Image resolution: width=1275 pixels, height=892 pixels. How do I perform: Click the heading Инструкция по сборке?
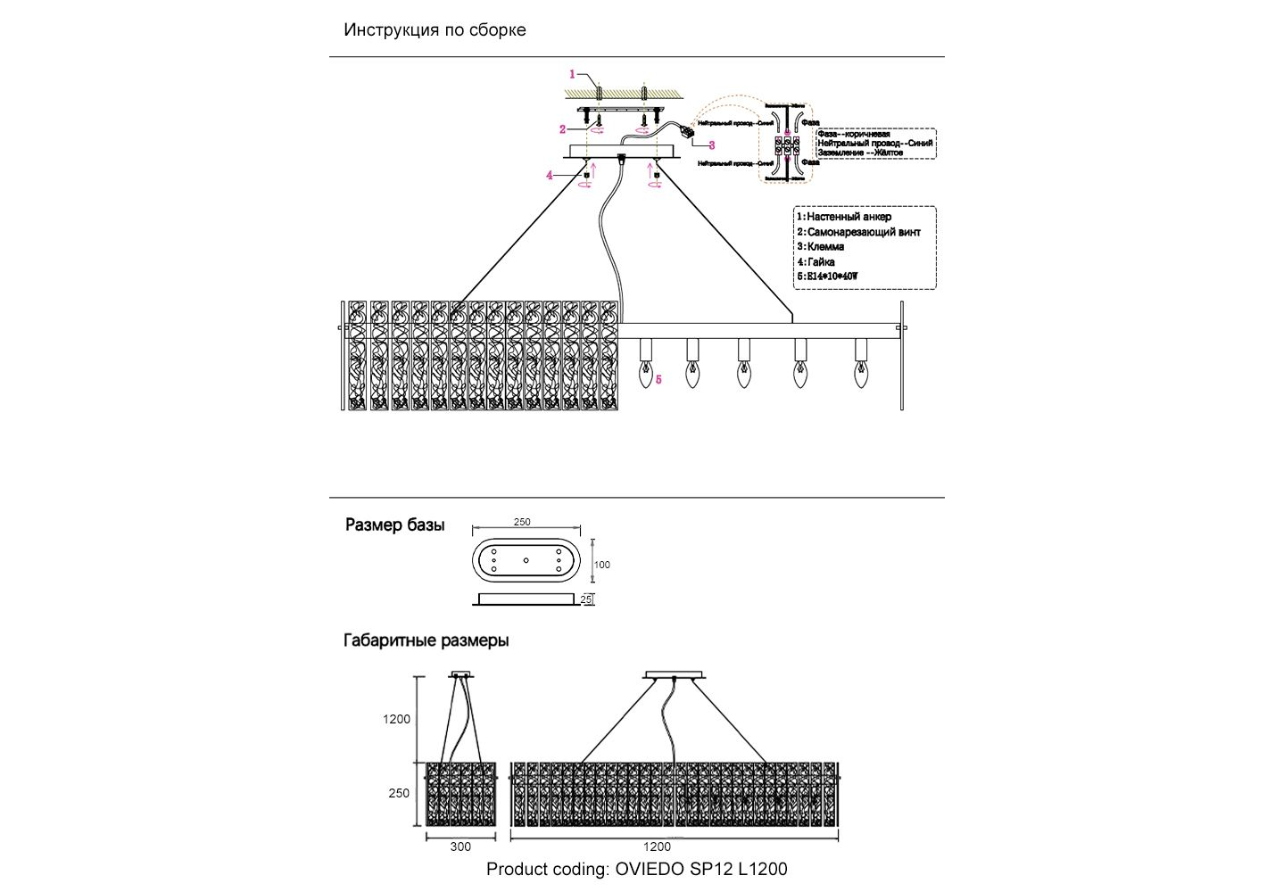click(435, 29)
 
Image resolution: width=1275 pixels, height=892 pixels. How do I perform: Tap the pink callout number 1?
click(573, 75)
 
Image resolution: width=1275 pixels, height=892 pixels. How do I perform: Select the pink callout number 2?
click(563, 129)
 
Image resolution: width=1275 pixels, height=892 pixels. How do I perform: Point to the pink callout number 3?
click(711, 145)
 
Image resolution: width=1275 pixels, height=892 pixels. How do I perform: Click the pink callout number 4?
click(550, 176)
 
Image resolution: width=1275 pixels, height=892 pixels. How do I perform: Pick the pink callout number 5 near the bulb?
click(658, 379)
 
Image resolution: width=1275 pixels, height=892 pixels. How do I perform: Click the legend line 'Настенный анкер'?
click(849, 217)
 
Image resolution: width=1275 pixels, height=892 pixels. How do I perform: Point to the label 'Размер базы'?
click(394, 525)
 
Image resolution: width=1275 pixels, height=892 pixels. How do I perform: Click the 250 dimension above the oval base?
click(522, 523)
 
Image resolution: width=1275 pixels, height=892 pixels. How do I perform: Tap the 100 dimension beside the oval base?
click(602, 565)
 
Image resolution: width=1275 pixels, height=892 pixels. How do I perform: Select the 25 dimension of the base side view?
click(586, 599)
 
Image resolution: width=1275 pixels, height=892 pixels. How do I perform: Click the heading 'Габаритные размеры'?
click(426, 640)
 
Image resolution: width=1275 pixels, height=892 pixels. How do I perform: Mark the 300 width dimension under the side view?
click(460, 847)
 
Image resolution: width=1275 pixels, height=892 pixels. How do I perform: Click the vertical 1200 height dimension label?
click(397, 719)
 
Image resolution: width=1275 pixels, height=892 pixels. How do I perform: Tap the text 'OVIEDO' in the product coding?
click(650, 869)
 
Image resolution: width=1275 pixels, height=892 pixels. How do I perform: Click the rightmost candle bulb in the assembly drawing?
click(861, 375)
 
